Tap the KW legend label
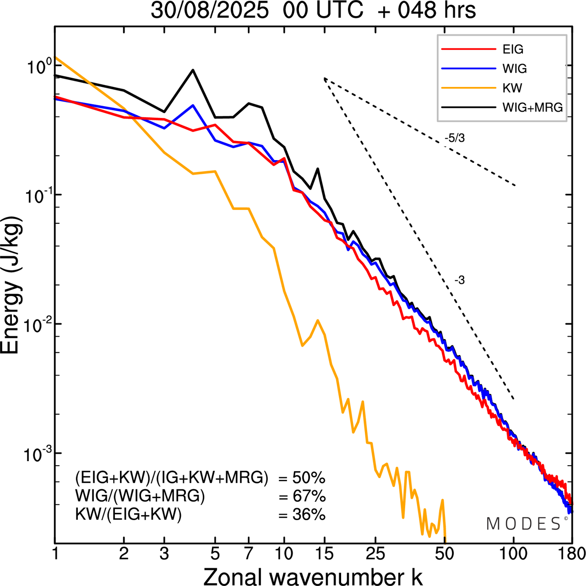[x=512, y=88]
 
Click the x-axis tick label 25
[x=376, y=554]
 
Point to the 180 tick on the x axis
[x=571, y=554]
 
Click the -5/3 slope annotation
[x=455, y=138]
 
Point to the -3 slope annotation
[x=460, y=280]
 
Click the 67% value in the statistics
[x=309, y=496]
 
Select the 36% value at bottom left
[x=309, y=515]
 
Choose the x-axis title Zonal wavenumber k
[x=313, y=576]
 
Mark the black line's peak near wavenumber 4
[x=193, y=70]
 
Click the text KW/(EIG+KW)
[x=128, y=515]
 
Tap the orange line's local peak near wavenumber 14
[x=317, y=320]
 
